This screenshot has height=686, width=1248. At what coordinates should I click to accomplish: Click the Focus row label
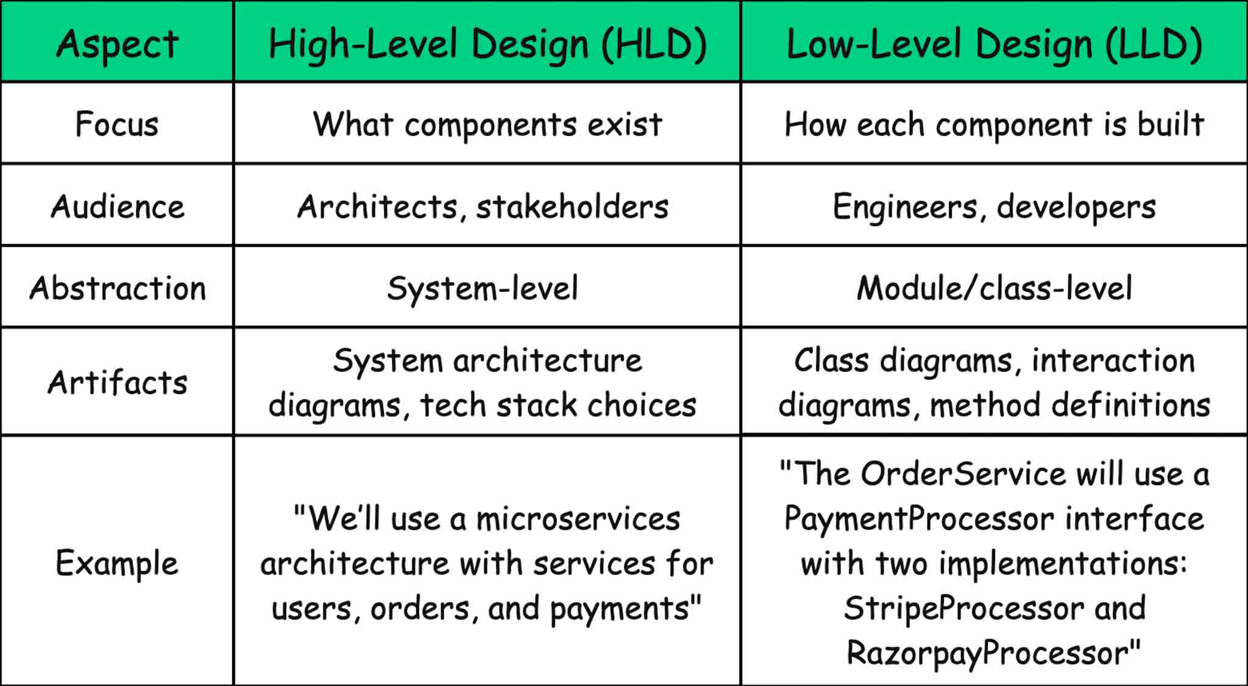click(x=117, y=124)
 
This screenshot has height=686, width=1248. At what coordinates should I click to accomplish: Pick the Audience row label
click(x=117, y=207)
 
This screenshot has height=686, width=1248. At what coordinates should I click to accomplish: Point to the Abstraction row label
click(x=117, y=288)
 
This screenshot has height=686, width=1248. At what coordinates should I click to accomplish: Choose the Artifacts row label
click(x=117, y=383)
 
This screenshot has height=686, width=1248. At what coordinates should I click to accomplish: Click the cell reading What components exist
click(x=487, y=124)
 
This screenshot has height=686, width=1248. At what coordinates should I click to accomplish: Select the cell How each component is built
click(x=994, y=124)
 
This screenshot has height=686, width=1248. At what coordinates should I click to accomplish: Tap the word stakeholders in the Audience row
click(x=572, y=207)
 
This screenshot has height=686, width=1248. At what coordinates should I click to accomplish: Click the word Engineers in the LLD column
click(x=906, y=207)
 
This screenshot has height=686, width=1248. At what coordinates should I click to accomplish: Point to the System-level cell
click(x=483, y=288)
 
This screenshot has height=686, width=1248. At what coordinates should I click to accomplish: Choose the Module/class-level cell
click(x=994, y=288)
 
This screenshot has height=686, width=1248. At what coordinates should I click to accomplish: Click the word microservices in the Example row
click(x=578, y=519)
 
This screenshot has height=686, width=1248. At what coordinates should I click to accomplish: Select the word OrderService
click(x=963, y=474)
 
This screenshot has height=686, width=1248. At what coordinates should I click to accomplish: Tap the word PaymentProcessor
click(x=919, y=519)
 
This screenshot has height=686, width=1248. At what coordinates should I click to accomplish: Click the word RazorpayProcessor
click(x=988, y=653)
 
